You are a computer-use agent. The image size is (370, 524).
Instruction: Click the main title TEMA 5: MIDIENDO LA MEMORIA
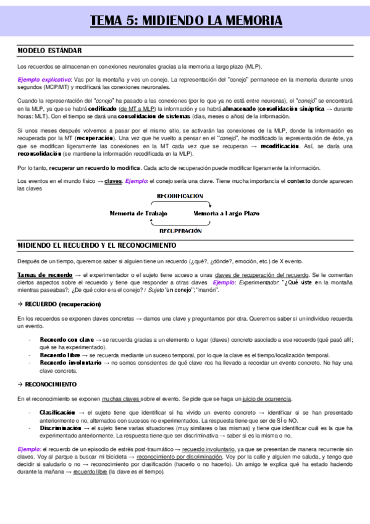pos(186,21)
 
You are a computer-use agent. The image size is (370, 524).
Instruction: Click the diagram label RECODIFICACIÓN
pos(180,196)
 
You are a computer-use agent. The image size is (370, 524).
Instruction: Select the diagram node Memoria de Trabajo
pos(138,213)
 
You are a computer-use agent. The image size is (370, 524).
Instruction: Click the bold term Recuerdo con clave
pos(67,340)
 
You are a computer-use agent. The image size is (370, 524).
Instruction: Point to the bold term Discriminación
pos(61,428)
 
